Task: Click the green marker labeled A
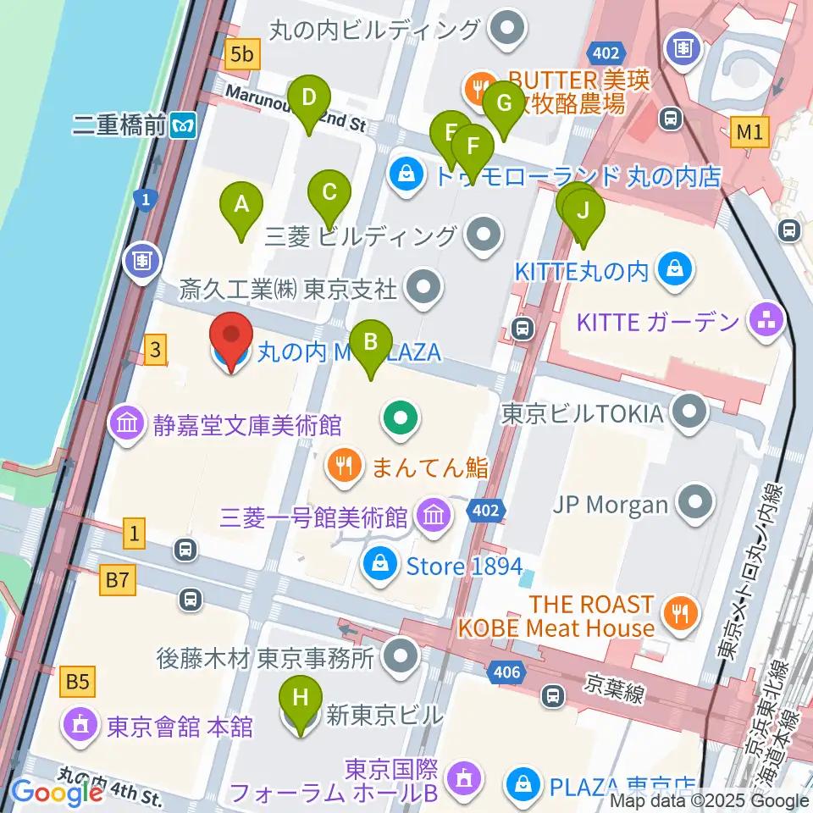click(241, 206)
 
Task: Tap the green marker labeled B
click(370, 343)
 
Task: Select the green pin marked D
click(309, 100)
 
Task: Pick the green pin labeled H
click(301, 700)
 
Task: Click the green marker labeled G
click(504, 106)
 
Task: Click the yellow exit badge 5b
click(242, 55)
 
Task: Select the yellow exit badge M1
click(749, 131)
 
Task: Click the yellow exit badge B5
click(80, 679)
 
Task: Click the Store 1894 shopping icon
click(381, 563)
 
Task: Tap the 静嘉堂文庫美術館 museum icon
click(127, 423)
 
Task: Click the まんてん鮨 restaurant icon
click(343, 466)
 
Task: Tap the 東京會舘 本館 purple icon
click(80, 725)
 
